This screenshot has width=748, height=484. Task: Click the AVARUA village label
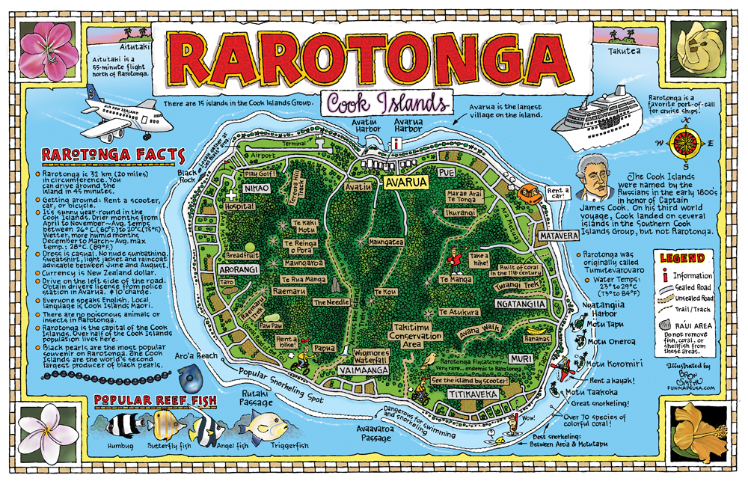[405, 182]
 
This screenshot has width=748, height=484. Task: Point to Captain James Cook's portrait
[595, 179]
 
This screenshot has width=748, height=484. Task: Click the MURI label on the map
[521, 359]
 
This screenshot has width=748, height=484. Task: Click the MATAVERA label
[557, 236]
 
